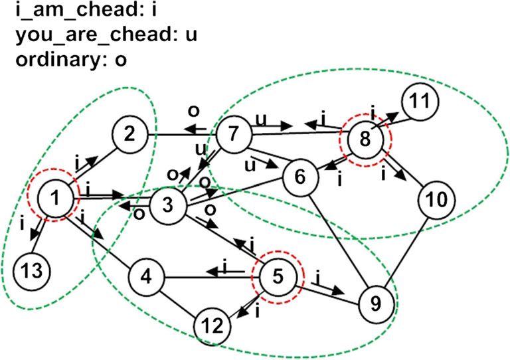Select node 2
(130, 136)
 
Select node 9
(376, 304)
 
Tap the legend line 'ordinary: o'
(64, 58)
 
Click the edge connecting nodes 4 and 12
(181, 301)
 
